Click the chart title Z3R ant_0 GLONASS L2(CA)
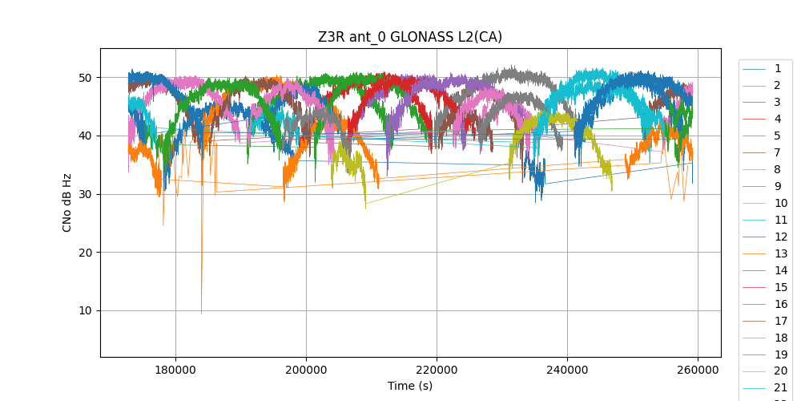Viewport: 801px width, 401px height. tap(410, 37)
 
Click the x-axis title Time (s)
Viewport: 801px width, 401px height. tap(410, 386)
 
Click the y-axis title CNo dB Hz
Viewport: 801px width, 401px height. tap(67, 202)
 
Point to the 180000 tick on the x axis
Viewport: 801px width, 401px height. tap(176, 371)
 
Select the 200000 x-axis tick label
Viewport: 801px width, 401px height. tap(307, 371)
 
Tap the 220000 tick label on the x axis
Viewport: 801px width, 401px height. tap(437, 371)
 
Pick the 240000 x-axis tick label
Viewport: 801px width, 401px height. tap(567, 371)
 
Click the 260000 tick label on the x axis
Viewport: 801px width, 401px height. tap(698, 371)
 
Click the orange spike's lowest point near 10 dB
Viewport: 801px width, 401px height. tap(201, 313)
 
